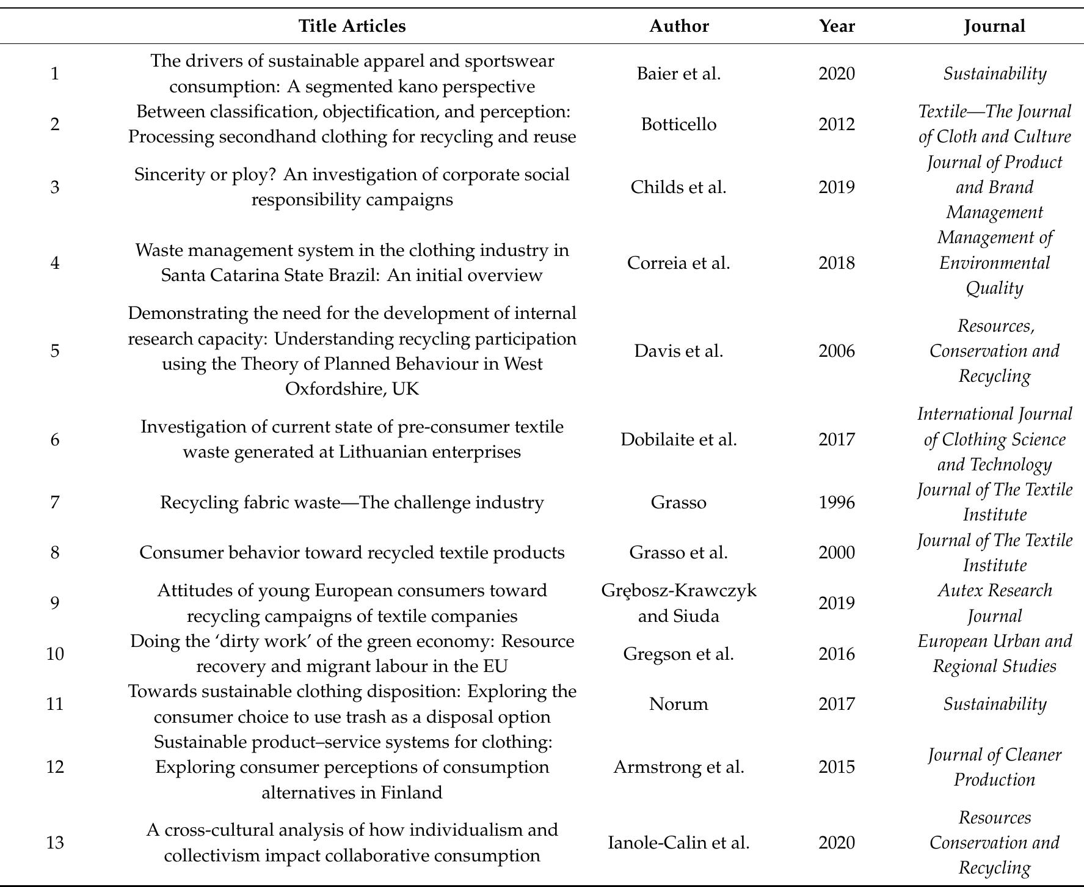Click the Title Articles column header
[352, 26]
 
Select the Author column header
[678, 26]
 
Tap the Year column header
[837, 26]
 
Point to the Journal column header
[994, 26]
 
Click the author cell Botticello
[678, 124]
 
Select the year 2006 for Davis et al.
[837, 351]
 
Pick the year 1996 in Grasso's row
[837, 502]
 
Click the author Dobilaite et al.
[678, 439]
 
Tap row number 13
[55, 842]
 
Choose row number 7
[55, 502]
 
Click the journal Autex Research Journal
[994, 603]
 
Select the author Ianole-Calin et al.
[678, 842]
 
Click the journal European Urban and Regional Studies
[994, 654]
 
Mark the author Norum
[678, 704]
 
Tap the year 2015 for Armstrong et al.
[837, 767]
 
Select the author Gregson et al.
[678, 654]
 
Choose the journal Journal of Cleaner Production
[994, 767]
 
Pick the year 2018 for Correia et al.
[837, 263]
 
